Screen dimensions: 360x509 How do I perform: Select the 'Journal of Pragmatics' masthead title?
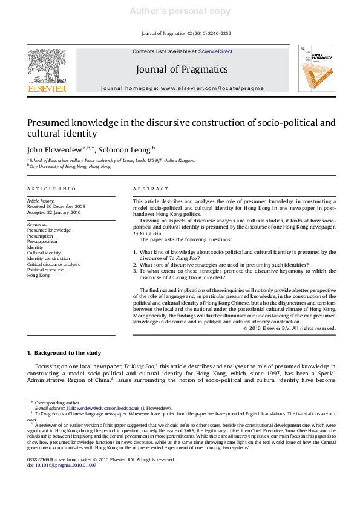[182, 69]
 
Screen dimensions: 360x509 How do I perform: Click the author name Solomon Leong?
[125, 148]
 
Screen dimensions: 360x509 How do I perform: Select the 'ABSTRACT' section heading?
[147, 189]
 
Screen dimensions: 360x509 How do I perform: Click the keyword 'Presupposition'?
[44, 236]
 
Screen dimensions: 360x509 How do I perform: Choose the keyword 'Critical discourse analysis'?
[53, 264]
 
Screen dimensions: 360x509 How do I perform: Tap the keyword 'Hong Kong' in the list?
[39, 276]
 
